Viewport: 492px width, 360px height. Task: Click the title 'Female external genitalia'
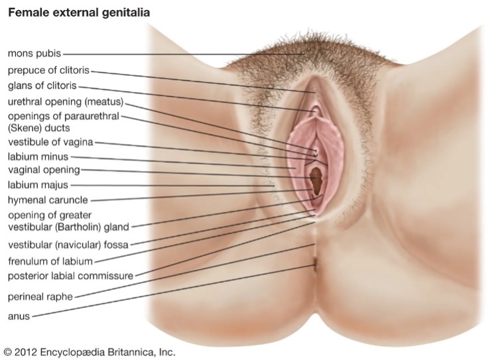coord(78,13)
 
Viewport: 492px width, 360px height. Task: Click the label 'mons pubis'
coord(34,52)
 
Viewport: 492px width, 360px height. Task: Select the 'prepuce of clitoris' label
coord(48,70)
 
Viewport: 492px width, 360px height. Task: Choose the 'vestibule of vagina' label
coord(50,142)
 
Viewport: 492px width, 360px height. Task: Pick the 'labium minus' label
coord(37,157)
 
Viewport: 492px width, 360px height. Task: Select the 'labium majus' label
coord(37,185)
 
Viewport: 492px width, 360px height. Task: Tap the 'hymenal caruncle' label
coord(47,200)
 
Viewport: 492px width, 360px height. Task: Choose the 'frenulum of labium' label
coord(50,261)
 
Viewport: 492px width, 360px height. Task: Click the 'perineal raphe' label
coord(40,296)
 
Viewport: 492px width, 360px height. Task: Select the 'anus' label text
coord(19,316)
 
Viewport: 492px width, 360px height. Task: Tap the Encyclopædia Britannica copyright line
coord(90,352)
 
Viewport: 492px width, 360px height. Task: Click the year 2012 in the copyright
coord(27,352)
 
